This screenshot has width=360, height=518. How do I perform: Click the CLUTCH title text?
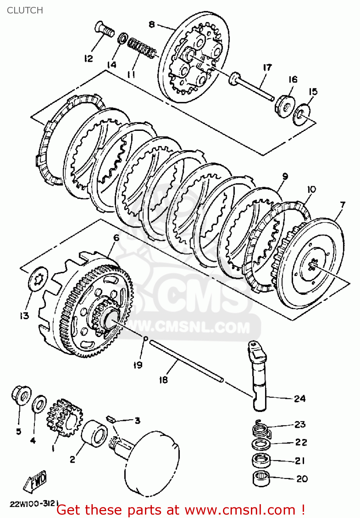pos(25,10)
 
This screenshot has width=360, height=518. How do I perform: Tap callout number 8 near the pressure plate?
pos(152,25)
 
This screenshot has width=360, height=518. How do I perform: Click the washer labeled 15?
pos(301,114)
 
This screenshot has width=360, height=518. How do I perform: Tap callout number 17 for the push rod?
pos(267,67)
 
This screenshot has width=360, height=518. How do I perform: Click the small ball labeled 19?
pos(146,338)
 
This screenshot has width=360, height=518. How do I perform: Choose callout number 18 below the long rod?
pos(163,380)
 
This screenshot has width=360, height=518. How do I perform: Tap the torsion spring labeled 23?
pos(261,430)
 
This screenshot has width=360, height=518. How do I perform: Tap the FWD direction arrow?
pos(35,482)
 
